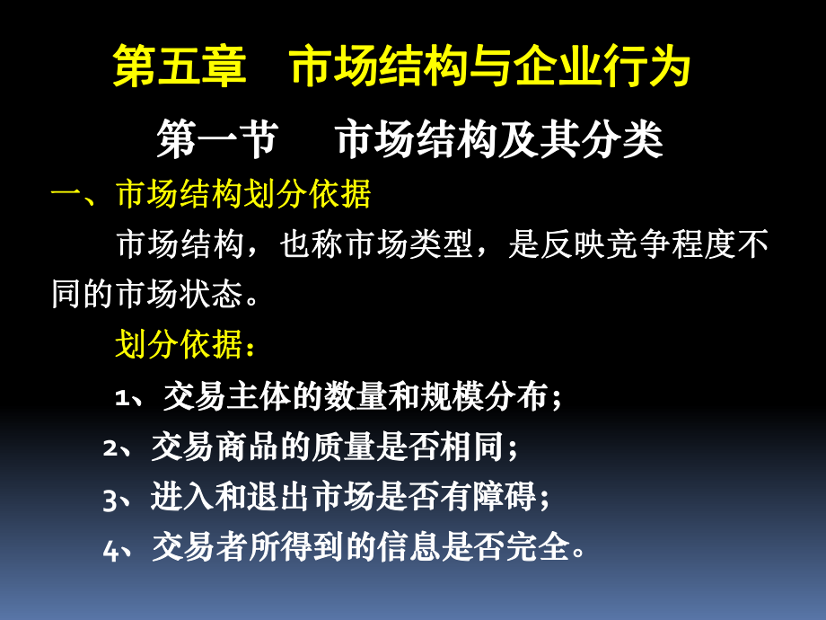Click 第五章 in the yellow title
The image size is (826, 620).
(x=180, y=69)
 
